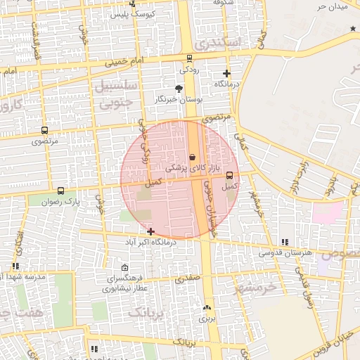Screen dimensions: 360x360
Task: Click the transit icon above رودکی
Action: click(189, 58)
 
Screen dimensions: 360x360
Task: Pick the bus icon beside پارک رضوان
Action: click(60, 191)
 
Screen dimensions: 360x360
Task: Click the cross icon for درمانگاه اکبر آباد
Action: click(150, 231)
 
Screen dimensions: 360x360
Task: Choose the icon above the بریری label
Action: click(206, 308)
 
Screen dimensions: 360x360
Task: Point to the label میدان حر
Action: click(332, 6)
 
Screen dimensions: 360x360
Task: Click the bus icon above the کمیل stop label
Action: click(229, 176)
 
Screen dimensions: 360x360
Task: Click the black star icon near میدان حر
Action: click(353, 28)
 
